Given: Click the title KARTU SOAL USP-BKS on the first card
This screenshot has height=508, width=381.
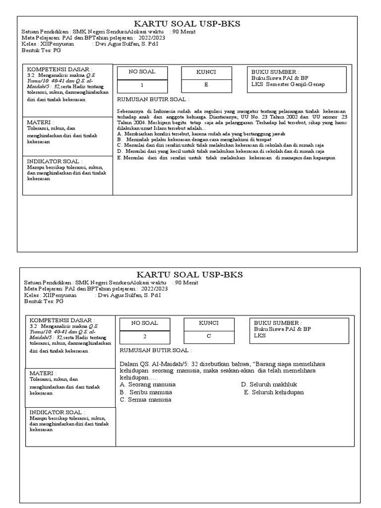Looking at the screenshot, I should pyautogui.click(x=183, y=25).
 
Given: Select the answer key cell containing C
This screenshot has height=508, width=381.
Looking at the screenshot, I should pyautogui.click(x=209, y=336).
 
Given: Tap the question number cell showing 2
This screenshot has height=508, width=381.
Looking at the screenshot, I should pyautogui.click(x=144, y=336).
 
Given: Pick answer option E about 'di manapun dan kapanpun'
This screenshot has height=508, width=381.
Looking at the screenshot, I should pyautogui.click(x=226, y=158).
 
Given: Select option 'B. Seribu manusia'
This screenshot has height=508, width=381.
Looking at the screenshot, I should pyautogui.click(x=146, y=392).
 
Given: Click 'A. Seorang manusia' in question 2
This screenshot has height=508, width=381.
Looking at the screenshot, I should pyautogui.click(x=148, y=384).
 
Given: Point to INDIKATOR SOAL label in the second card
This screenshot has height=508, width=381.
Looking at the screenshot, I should pyautogui.click(x=57, y=412).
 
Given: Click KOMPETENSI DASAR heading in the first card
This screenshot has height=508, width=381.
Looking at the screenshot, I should pyautogui.click(x=60, y=68).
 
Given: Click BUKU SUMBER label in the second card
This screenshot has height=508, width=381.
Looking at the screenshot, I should pyautogui.click(x=278, y=322).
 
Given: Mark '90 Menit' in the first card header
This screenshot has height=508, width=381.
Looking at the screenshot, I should pyautogui.click(x=184, y=32).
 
